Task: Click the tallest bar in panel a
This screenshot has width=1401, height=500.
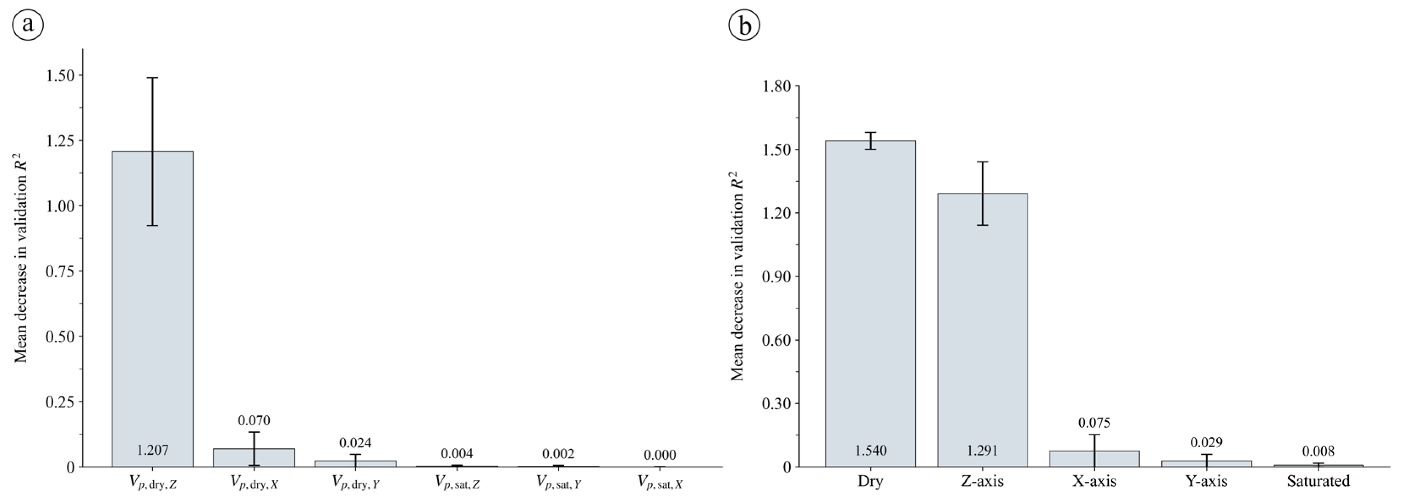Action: pos(152,309)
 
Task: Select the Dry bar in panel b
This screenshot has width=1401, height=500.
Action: pos(870,303)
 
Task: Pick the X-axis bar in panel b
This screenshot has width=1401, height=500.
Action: pos(1094,459)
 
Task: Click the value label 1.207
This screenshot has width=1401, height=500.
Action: pos(152,450)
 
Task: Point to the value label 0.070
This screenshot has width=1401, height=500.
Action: pos(254,420)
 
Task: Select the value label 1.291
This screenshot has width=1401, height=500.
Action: pos(982,451)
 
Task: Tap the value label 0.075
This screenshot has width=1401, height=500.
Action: pos(1094,422)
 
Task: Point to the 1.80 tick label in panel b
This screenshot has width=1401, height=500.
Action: pos(777,86)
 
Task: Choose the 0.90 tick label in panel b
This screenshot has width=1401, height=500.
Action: pos(777,277)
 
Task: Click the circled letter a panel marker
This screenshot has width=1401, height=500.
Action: pos(28,25)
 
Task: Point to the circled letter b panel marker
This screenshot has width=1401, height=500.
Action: pos(744,25)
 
